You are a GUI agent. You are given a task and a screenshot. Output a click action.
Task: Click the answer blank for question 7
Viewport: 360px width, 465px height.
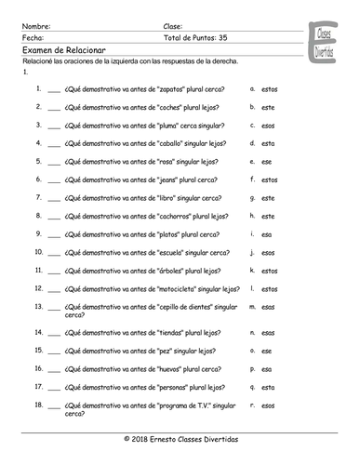click(53, 198)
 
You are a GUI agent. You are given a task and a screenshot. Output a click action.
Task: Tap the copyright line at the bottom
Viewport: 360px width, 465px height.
click(180, 438)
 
